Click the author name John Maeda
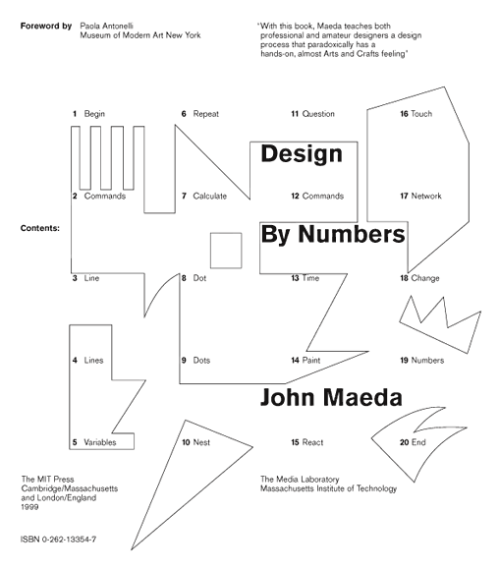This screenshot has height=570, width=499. coord(331,397)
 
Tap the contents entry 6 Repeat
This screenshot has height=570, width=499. coord(199,114)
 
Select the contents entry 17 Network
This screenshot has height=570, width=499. coord(420,196)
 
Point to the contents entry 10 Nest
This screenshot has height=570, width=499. coord(195,442)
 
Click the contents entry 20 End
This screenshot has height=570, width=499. coord(413,442)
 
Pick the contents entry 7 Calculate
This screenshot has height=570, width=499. coord(204,196)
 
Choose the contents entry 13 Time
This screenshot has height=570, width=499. coord(305,278)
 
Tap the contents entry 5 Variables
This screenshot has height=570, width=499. coord(94,442)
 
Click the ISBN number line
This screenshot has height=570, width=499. coord(59,540)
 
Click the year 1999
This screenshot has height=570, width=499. coord(29,507)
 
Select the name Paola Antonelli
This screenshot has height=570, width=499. coord(106,26)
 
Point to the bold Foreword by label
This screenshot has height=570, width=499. coord(46,27)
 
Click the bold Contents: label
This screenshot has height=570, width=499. coord(40,228)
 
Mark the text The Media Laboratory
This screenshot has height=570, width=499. coord(300,480)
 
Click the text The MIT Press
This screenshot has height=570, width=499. coord(47,480)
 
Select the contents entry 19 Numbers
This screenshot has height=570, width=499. coord(422,361)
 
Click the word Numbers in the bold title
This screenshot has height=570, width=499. coord(352,234)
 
